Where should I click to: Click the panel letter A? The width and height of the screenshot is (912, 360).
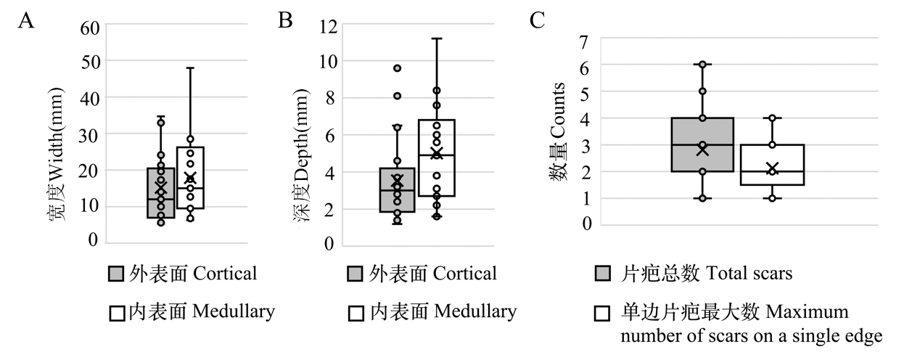26,20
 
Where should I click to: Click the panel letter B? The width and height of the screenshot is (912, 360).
286,20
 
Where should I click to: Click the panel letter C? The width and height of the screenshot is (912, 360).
538,20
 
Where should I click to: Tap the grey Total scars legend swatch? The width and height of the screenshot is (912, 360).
601,274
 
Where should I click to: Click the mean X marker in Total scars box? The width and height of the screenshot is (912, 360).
702,150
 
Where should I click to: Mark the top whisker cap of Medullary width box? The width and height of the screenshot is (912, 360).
190,68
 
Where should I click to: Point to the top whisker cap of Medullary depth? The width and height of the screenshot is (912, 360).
437,38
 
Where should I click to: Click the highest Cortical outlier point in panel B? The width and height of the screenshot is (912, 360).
398,68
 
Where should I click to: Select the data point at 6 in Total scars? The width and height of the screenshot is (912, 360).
702,65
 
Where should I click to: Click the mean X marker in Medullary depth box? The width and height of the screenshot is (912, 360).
437,152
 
